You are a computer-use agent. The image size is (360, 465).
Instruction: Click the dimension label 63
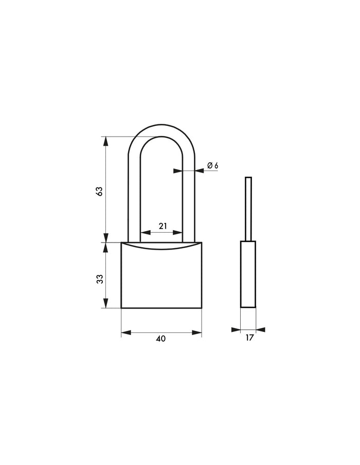(100, 191)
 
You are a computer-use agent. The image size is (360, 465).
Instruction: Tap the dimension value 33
(100, 279)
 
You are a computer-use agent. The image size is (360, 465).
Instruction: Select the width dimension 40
(161, 339)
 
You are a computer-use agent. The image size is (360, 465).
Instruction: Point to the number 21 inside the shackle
(163, 226)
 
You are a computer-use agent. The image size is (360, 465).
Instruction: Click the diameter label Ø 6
(212, 165)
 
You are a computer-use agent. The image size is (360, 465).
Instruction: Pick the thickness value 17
(249, 338)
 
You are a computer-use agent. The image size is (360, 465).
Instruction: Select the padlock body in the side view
(248, 274)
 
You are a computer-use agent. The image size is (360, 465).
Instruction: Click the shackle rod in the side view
(248, 209)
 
